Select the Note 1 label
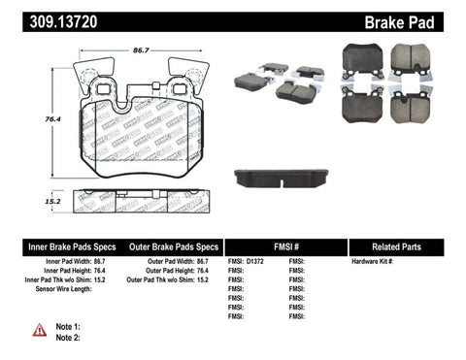[66, 327]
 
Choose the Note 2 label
[66, 340]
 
